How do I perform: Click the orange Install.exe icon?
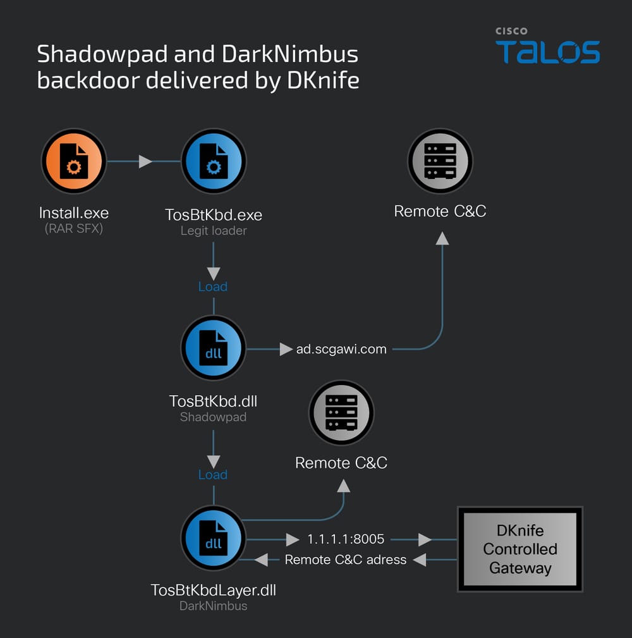pos(74,162)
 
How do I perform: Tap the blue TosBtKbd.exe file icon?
pos(214,162)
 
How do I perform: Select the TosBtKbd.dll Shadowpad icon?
pos(214,348)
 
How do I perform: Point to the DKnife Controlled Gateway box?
pos(520,549)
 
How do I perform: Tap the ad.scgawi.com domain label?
pos(341,349)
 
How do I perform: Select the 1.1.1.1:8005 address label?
pos(346,539)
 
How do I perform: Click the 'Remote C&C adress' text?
pos(346,560)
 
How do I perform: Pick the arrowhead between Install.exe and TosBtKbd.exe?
pos(145,162)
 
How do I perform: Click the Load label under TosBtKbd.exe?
pos(213,286)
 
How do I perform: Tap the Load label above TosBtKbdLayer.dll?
pos(213,475)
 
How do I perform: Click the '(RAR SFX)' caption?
pos(73,229)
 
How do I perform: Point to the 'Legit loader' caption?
pos(214,231)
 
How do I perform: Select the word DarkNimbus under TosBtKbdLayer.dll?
pos(214,606)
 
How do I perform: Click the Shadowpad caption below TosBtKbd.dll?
pos(214,417)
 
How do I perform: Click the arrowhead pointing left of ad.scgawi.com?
pos(286,349)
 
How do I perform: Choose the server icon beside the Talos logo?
pos(441,161)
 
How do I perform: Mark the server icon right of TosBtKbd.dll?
pos(341,413)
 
